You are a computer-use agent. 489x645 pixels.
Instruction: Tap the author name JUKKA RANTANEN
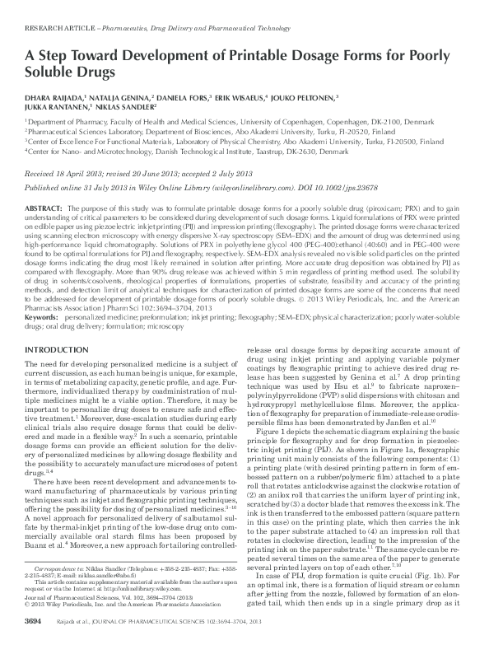pyautogui.click(x=54, y=106)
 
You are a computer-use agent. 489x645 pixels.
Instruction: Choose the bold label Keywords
pyautogui.click(x=41, y=316)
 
